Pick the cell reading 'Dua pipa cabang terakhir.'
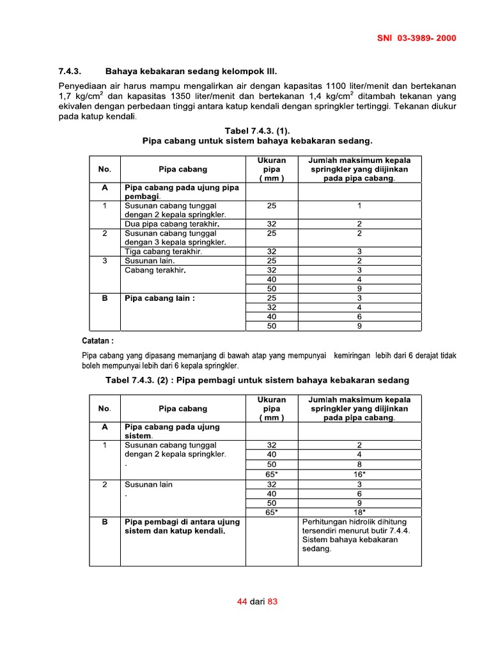172,224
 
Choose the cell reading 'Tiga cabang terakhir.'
163,252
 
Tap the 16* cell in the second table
359,475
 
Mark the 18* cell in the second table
359,512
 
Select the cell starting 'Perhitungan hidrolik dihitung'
350,521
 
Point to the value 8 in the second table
359,464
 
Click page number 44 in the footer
242,602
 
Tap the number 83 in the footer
273,602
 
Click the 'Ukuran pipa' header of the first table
272,169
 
